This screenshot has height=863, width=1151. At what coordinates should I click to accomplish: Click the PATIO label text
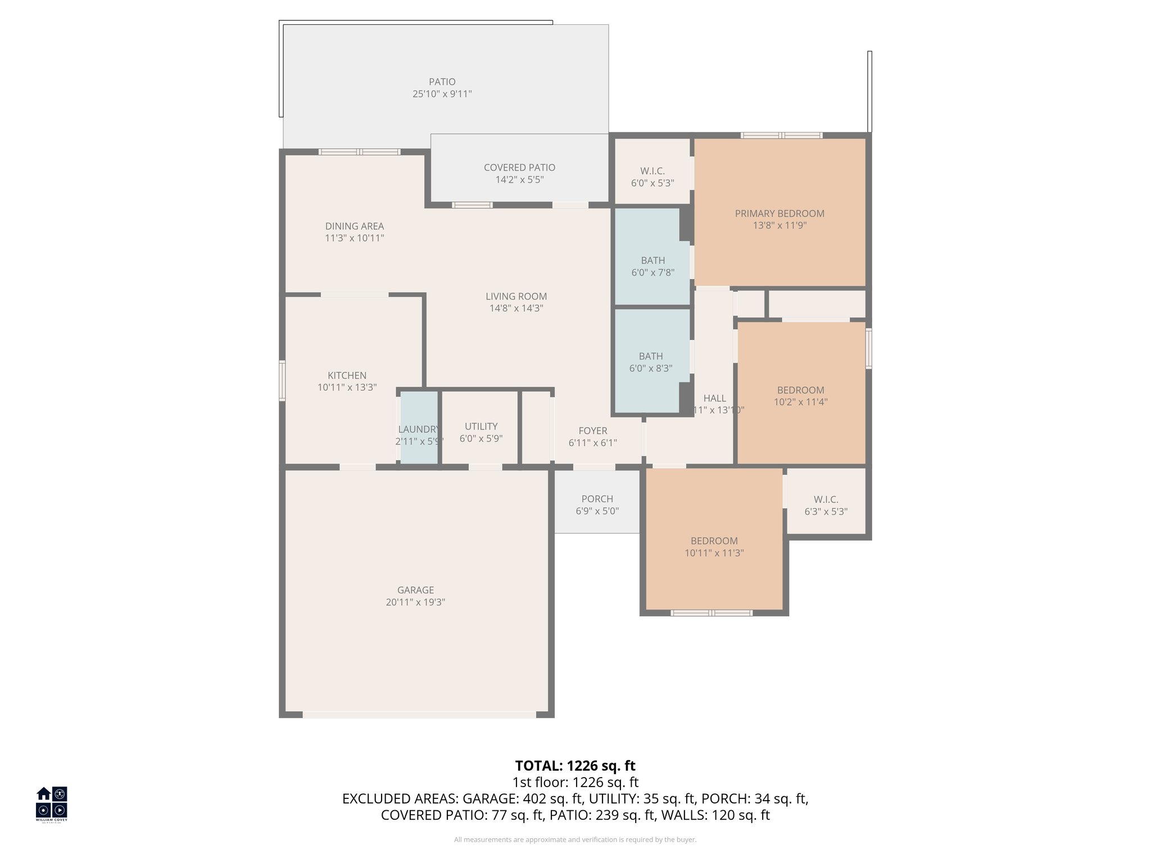(442, 82)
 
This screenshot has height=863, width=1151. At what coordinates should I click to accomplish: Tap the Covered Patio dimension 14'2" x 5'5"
(519, 180)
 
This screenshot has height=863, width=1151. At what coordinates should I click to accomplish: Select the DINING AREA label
(354, 226)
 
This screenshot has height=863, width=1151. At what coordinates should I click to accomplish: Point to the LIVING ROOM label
(516, 296)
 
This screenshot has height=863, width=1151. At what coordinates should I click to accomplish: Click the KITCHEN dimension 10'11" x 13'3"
(347, 387)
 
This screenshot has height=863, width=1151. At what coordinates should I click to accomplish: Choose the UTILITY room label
(481, 426)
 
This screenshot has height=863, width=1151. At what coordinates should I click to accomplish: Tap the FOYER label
(592, 430)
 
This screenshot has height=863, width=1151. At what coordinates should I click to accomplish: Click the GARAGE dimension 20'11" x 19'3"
(415, 602)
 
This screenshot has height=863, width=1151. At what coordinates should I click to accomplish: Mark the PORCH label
(597, 498)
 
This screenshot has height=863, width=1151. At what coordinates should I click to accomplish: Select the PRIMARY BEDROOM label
(780, 213)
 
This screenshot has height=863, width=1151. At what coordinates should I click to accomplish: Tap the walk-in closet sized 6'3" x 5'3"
(826, 505)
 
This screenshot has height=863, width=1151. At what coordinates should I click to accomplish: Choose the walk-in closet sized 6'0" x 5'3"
(652, 176)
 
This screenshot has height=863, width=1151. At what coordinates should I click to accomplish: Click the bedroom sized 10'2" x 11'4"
(800, 396)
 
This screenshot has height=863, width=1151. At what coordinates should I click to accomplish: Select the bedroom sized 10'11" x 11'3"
(714, 546)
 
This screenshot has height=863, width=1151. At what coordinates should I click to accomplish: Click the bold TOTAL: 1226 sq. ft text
(575, 765)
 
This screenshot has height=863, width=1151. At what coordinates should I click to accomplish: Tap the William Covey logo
(52, 803)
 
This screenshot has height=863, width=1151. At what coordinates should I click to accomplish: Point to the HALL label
(714, 398)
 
